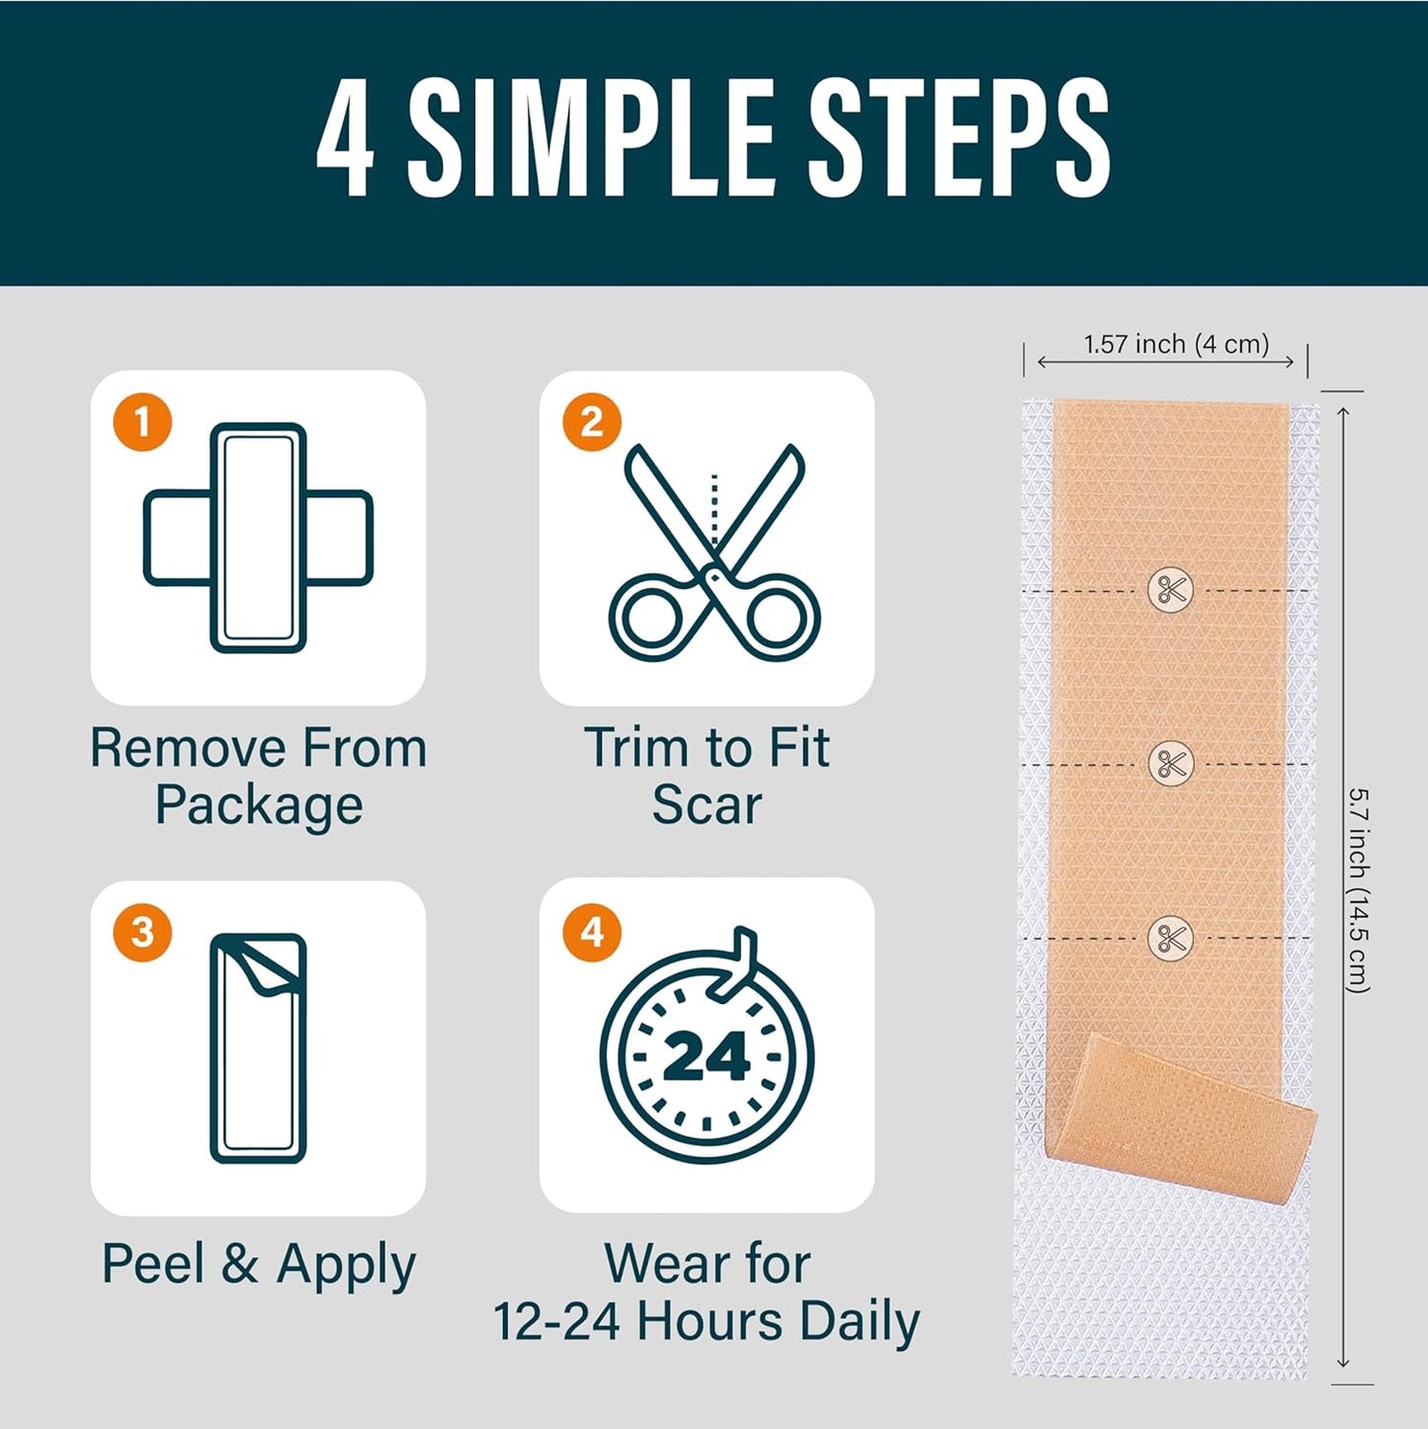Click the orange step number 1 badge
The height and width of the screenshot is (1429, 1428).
click(142, 422)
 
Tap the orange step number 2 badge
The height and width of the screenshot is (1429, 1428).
click(591, 422)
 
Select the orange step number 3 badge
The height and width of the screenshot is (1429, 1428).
click(142, 932)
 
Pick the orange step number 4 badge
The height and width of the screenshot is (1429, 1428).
click(591, 932)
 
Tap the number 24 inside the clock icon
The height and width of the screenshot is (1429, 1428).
click(707, 1056)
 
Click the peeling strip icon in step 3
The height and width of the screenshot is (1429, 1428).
click(258, 1048)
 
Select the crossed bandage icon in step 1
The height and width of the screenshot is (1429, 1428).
click(258, 539)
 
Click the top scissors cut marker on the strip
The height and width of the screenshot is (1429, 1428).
click(1171, 590)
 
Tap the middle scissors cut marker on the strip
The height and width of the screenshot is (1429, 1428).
click(1171, 764)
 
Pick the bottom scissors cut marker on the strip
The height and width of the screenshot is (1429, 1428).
click(1171, 938)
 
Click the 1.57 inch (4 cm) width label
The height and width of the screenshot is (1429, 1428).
click(1176, 344)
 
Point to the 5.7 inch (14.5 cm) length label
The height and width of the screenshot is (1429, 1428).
click(1359, 889)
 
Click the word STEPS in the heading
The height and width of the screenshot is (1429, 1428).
click(959, 138)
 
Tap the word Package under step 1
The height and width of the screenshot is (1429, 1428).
click(259, 805)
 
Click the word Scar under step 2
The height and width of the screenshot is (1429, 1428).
click(707, 805)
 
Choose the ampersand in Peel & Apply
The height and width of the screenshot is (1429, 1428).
click(239, 1264)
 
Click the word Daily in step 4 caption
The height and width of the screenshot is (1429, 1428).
click(860, 1321)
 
